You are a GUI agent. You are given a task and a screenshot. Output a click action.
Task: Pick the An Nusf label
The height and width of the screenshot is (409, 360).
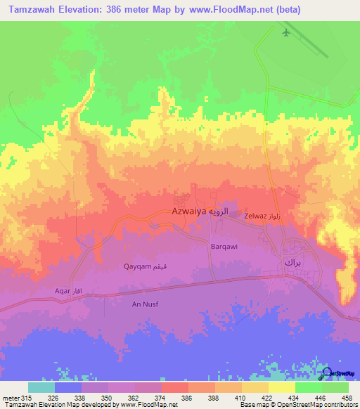[x=147, y=303]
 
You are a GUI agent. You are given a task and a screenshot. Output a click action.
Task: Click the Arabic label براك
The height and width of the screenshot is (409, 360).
[x=292, y=261]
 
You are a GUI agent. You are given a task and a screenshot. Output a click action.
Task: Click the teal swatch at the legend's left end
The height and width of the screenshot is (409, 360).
[x=41, y=387]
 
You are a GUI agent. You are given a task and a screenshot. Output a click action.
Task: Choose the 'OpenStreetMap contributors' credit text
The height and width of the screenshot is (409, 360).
[x=314, y=405]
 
